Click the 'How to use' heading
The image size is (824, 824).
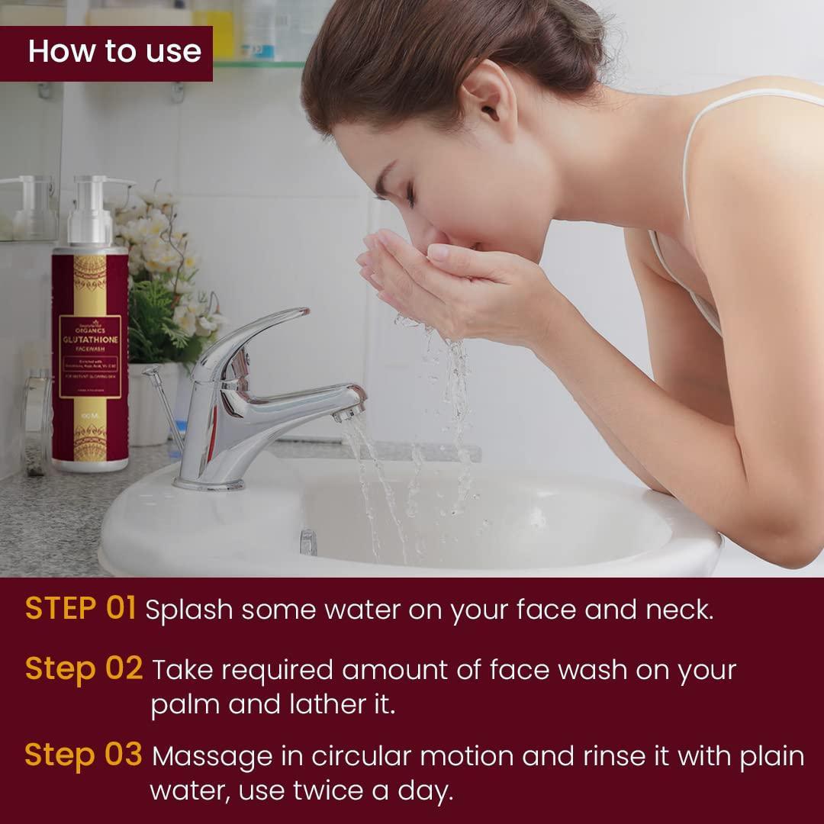[x=114, y=51]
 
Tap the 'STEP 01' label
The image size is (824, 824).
[x=80, y=610]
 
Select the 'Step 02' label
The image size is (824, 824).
[x=84, y=668]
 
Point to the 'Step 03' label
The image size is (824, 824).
[x=83, y=755]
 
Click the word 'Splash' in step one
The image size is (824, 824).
[x=186, y=610]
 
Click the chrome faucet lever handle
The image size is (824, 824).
[x=259, y=328]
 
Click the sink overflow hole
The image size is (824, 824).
[x=307, y=541]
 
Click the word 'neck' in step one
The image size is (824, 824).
[x=672, y=610]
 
